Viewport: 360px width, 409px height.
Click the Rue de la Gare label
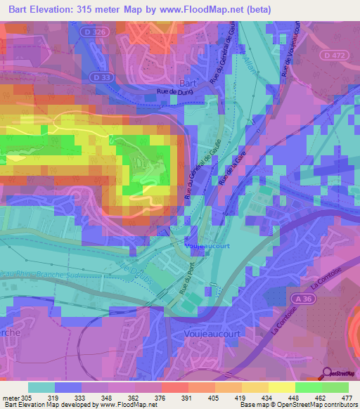(x=226, y=171)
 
